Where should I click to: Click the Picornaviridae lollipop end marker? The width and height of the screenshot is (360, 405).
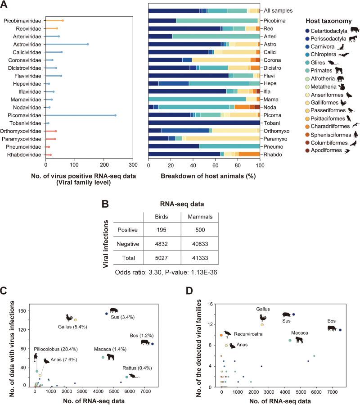(115, 115)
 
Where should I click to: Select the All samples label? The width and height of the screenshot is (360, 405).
(278, 10)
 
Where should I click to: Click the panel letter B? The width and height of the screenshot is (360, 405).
(105, 191)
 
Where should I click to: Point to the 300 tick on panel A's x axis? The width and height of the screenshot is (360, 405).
(133, 164)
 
